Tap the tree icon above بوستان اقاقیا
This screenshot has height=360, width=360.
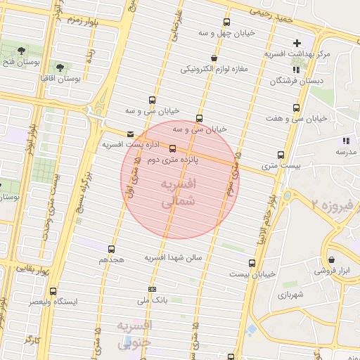click(x=60, y=67)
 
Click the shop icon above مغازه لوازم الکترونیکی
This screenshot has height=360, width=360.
click(x=214, y=58)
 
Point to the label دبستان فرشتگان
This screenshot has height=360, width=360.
click(x=295, y=81)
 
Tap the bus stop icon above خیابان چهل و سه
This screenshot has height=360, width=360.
click(x=226, y=22)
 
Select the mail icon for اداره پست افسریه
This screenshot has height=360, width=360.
click(x=129, y=134)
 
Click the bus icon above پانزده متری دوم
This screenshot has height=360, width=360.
click(x=173, y=148)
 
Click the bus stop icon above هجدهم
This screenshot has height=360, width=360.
click(x=111, y=249)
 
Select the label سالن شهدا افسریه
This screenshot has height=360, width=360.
click(x=174, y=258)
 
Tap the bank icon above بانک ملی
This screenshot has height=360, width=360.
click(x=152, y=290)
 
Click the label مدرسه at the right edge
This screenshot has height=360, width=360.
click(x=346, y=151)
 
